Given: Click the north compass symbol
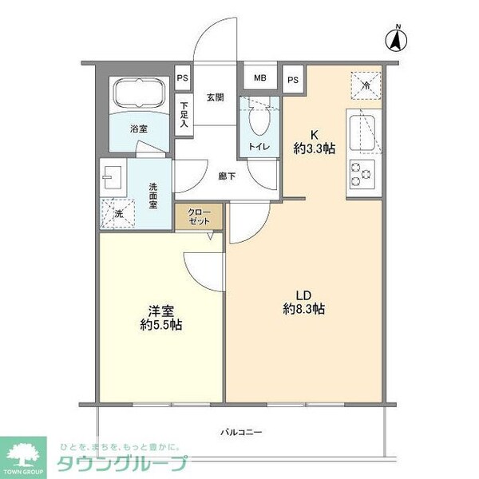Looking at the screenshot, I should click(x=397, y=39).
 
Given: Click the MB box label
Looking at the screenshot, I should click(x=259, y=78).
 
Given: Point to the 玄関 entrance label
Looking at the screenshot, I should click(x=215, y=98).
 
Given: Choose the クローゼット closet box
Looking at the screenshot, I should click(x=200, y=217).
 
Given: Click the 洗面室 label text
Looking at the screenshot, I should click(x=152, y=195).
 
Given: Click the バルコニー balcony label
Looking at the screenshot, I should click(x=242, y=432).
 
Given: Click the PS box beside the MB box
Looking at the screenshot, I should click(x=292, y=79).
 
